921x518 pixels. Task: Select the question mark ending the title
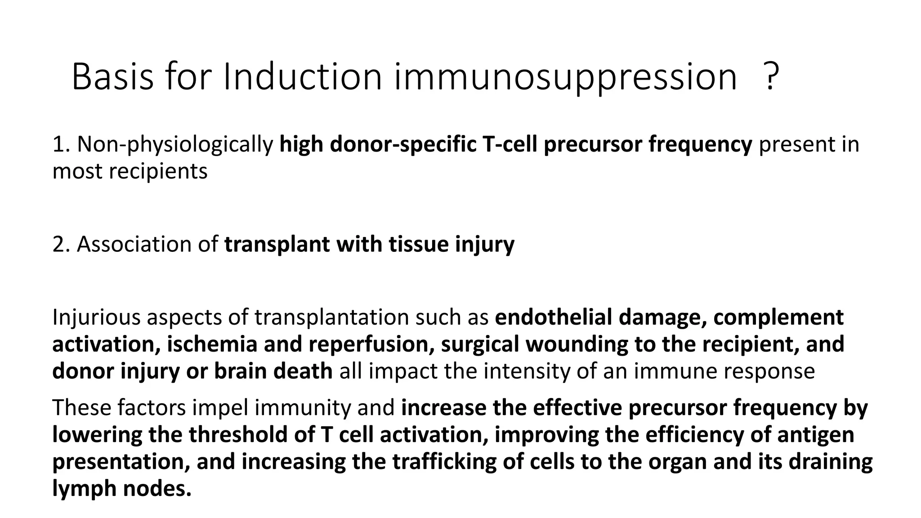[771, 77]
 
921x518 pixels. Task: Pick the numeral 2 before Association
[58, 245]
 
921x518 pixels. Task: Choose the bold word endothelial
[554, 317]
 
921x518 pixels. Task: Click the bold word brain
[240, 371]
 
